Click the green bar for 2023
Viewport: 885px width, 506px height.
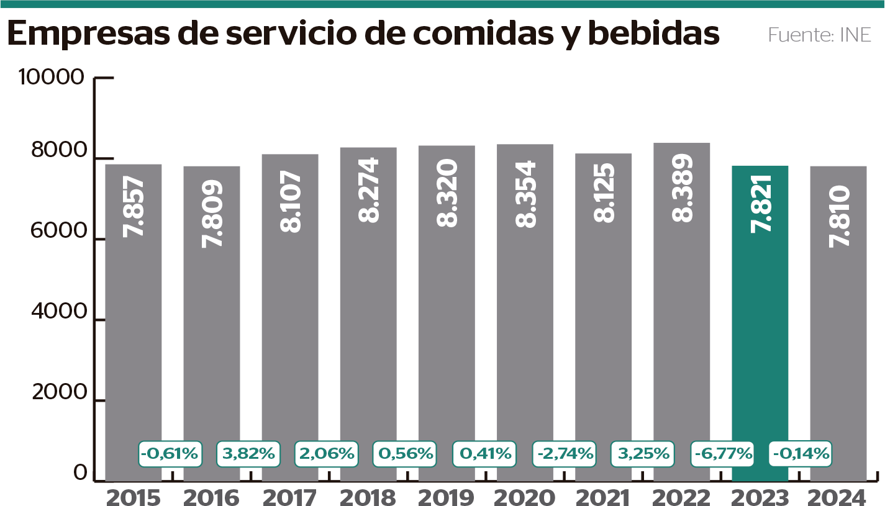[760, 323]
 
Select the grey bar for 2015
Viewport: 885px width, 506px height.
[134, 323]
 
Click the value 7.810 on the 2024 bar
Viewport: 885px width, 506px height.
[840, 215]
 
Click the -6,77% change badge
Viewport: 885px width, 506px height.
[722, 453]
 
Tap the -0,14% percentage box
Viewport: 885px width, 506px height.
[801, 453]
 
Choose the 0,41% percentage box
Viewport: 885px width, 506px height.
[485, 453]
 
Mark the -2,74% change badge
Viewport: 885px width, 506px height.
[564, 453]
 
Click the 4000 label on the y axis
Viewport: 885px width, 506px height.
[58, 312]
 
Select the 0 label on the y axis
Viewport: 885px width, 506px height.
[80, 473]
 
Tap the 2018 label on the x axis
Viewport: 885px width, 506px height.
[368, 497]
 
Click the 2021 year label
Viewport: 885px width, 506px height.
[603, 497]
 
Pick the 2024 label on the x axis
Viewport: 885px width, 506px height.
[838, 497]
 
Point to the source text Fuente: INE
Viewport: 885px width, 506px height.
[819, 34]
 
